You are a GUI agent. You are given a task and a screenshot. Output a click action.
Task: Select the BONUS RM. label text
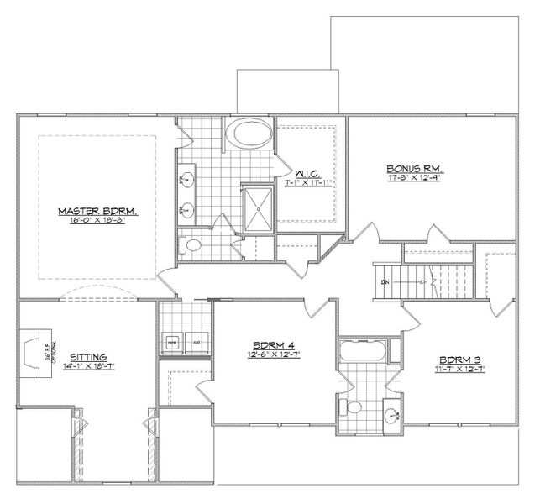pyautogui.click(x=409, y=168)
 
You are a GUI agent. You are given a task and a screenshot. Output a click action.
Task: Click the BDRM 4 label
pyautogui.click(x=274, y=346)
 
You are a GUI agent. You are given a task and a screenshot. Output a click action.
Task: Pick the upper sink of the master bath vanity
pyautogui.click(x=186, y=178)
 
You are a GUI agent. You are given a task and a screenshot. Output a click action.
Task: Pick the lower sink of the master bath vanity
pyautogui.click(x=186, y=209)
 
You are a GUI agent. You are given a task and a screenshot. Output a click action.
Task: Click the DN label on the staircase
pyautogui.click(x=385, y=282)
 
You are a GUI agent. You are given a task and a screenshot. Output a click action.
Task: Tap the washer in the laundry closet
pyautogui.click(x=170, y=343)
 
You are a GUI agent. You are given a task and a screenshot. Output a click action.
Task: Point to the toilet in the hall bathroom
pyautogui.click(x=353, y=407)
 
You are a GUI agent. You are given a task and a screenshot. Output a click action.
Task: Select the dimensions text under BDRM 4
pyautogui.click(x=274, y=356)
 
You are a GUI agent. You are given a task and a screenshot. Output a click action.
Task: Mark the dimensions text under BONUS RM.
pyautogui.click(x=409, y=178)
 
